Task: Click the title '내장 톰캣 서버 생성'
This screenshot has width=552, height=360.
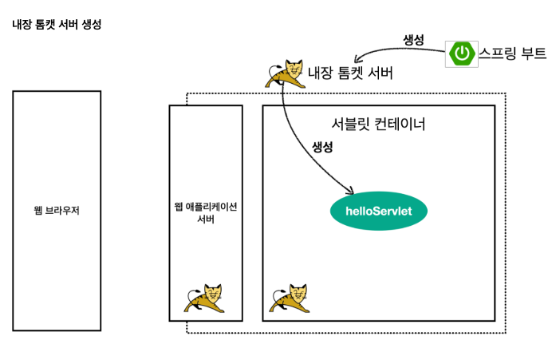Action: point(57,25)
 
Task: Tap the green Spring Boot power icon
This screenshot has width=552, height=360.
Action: point(462,53)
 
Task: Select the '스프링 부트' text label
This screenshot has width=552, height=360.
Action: point(512,53)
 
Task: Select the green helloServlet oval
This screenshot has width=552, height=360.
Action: point(378,212)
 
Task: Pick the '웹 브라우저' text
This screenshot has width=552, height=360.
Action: point(57,212)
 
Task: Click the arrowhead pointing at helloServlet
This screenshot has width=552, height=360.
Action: point(349,192)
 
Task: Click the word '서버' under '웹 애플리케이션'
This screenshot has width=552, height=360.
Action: point(205,220)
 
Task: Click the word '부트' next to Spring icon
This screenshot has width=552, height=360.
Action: point(534,53)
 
